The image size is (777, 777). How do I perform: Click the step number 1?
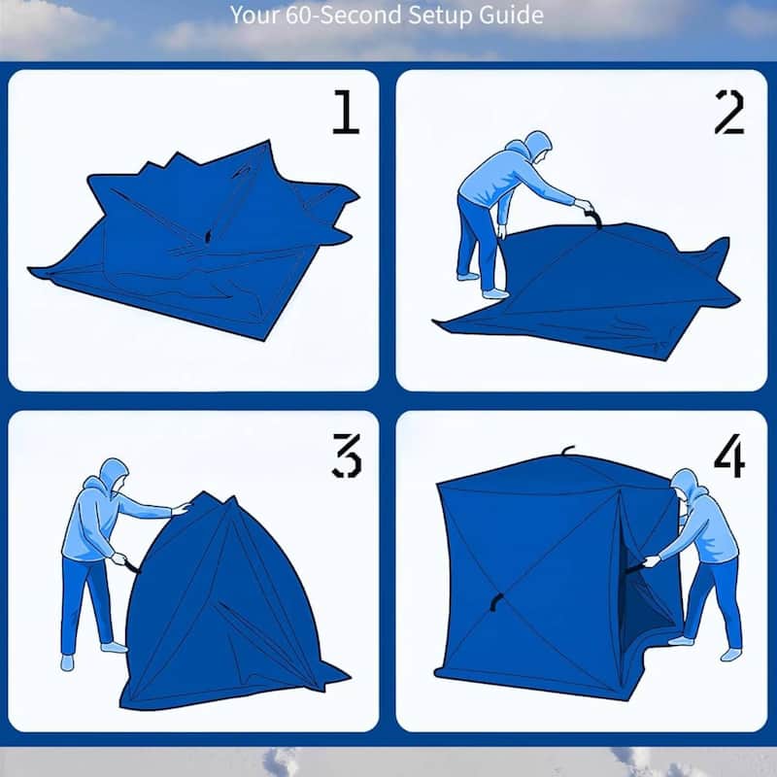point(346,114)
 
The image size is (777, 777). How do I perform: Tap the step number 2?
point(728,114)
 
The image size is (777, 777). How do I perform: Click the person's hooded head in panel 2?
point(536,147)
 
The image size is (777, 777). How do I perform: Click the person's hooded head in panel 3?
point(113,475)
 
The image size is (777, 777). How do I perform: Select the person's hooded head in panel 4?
point(686,486)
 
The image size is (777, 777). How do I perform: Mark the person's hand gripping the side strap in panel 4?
point(652,560)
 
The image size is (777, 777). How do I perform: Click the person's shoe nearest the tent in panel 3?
point(114,646)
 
